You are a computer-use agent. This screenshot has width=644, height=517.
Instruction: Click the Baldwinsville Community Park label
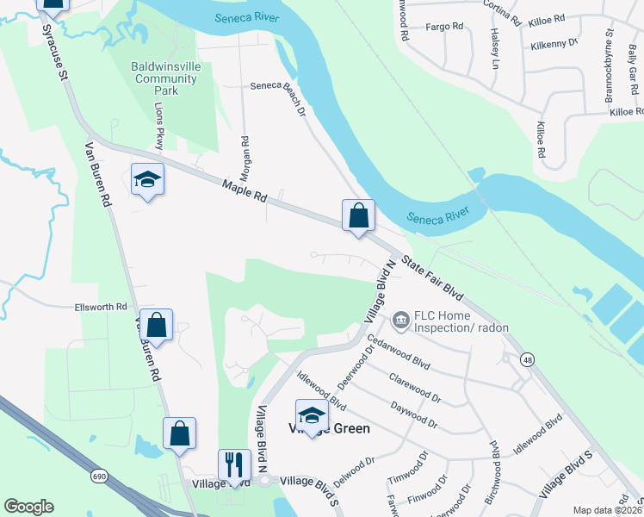pos(164,78)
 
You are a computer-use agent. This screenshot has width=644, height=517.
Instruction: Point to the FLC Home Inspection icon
pos(400,321)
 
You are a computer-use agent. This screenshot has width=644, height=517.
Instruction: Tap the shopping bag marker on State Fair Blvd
pos(358,215)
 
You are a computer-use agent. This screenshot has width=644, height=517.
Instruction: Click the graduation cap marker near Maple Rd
pos(148,180)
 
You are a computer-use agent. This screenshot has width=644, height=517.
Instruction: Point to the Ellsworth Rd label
pos(101,307)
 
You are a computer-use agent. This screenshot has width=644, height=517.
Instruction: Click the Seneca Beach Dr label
pos(279,97)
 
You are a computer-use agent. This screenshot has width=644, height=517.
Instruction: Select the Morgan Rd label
pos(245,152)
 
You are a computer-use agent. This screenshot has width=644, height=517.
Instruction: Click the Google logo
pos(28,507)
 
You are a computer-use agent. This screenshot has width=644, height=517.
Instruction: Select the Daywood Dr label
pos(415,415)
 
